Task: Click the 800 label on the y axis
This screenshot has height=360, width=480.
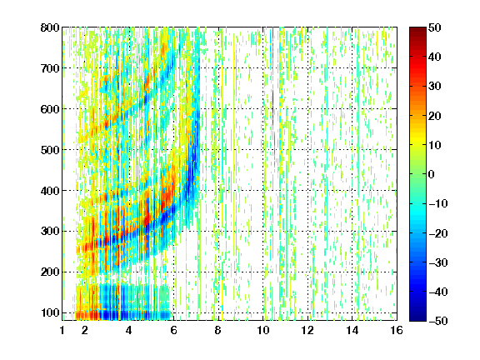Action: coord(50,27)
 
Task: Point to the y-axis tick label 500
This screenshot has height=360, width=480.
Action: coord(50,150)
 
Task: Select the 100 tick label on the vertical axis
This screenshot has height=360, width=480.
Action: coord(50,312)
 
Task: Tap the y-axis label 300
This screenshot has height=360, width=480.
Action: coord(50,232)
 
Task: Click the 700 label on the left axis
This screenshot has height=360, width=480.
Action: coord(50,68)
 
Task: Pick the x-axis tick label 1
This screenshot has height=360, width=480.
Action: coord(62,330)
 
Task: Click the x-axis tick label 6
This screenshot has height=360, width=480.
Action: coord(173,330)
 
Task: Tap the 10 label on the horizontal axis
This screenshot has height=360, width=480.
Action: coord(263,330)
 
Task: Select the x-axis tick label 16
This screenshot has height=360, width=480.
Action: coord(397,330)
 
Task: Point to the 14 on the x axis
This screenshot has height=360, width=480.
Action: coord(352,330)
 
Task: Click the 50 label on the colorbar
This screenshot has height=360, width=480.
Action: coord(434,27)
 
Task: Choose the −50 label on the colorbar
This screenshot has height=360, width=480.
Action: coord(437,321)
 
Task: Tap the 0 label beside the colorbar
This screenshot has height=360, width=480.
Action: coord(432,174)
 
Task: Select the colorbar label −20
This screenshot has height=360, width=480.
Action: coord(437,233)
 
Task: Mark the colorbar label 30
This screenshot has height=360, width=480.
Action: coord(434,87)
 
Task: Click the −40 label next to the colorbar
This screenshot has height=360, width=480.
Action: coord(437,292)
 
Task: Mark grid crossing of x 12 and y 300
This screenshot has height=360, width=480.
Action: coord(307,232)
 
